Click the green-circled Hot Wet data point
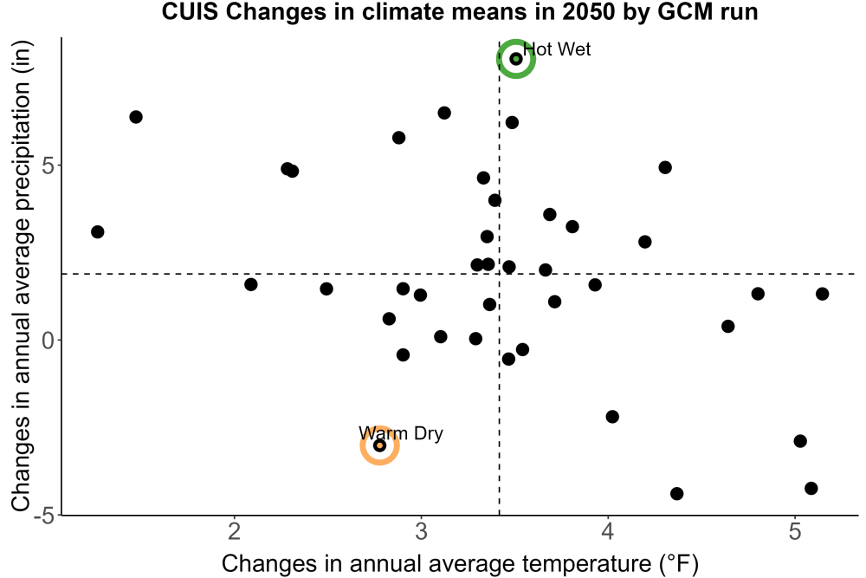(516, 59)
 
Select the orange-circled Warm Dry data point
(379, 445)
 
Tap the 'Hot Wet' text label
(557, 49)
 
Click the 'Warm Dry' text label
(401, 433)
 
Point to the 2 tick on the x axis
(235, 531)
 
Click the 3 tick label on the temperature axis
(422, 531)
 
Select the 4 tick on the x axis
(608, 531)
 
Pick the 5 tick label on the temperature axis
(795, 531)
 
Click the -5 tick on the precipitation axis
(45, 516)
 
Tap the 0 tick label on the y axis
(48, 341)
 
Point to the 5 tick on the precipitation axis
(48, 166)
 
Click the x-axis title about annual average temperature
(460, 563)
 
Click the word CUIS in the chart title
(191, 11)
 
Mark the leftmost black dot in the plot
(98, 231)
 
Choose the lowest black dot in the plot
(676, 493)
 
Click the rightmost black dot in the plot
(823, 294)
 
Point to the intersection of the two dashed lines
(500, 274)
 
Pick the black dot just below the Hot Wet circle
(512, 122)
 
